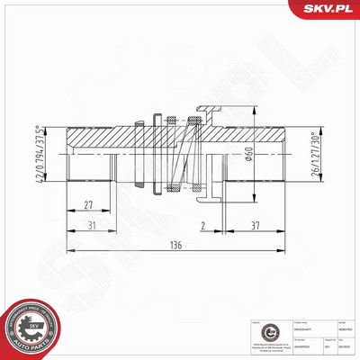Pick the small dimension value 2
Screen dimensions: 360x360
pyautogui.click(x=204, y=225)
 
